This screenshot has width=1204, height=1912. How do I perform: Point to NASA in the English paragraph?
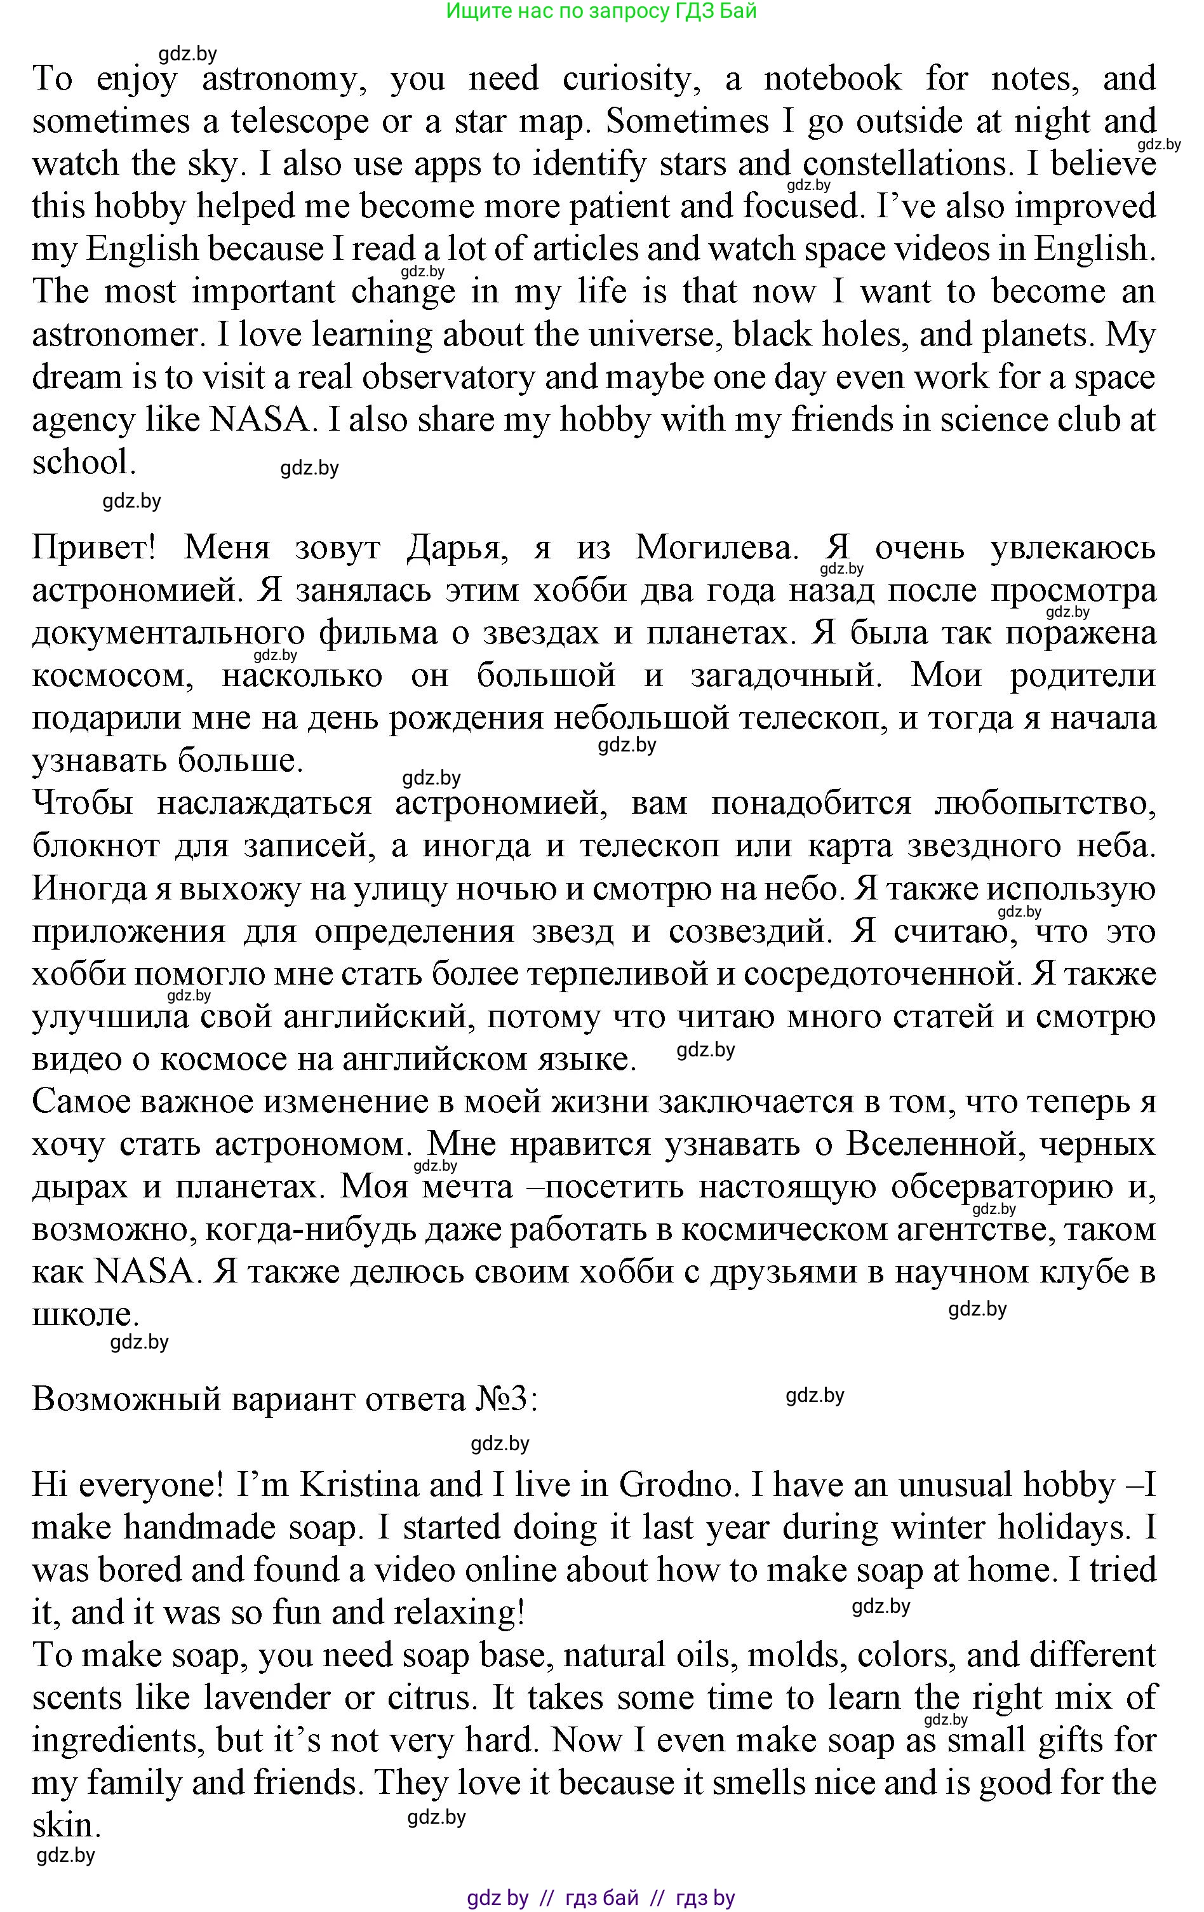[258, 420]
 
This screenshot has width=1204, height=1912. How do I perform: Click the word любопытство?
[1045, 804]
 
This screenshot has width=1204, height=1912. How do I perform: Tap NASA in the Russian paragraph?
[144, 1272]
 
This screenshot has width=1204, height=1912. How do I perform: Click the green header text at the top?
[601, 11]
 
